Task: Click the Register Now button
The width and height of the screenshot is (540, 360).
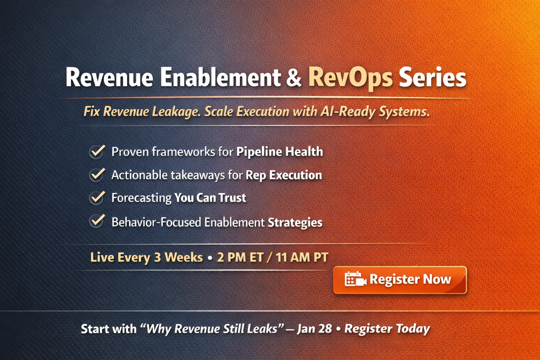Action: coord(400,280)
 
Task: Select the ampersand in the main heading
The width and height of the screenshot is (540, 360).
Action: coord(294,78)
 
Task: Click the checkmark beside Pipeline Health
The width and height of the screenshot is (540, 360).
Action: coord(97,152)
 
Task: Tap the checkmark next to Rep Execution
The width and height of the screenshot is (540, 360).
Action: coord(97,175)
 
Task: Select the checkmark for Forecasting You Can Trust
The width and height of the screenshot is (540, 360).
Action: coord(97,198)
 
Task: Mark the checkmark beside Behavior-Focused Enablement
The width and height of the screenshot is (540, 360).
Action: coord(97,221)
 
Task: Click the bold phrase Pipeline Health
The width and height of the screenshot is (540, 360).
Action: coord(279,152)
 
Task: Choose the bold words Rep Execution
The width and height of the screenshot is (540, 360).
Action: coord(284,175)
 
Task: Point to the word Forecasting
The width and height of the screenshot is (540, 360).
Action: coord(141,198)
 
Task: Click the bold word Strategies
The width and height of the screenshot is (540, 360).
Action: coord(295,223)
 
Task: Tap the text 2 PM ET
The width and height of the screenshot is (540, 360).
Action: coord(240,257)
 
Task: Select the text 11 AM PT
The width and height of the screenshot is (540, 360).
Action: coord(302,257)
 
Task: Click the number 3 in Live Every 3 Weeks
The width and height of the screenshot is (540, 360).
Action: coord(157,257)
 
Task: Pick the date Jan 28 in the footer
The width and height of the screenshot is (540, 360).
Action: coord(314,329)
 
